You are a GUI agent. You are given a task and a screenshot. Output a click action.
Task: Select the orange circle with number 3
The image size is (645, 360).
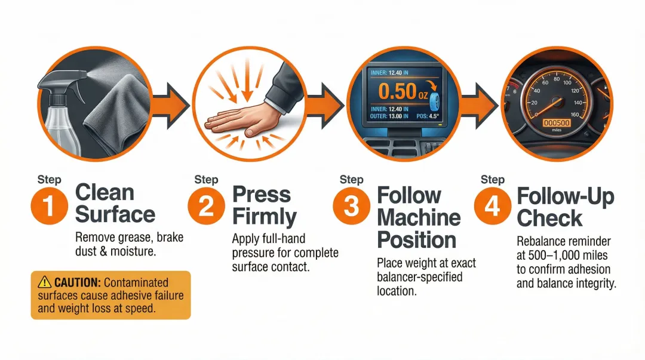coord(351,205)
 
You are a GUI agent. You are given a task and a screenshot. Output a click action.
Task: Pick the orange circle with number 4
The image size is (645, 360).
coord(492,205)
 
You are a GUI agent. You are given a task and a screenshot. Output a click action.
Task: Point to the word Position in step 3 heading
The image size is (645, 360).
coord(417,239)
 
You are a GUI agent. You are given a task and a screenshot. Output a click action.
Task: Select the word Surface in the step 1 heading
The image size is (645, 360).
coord(115,214)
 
